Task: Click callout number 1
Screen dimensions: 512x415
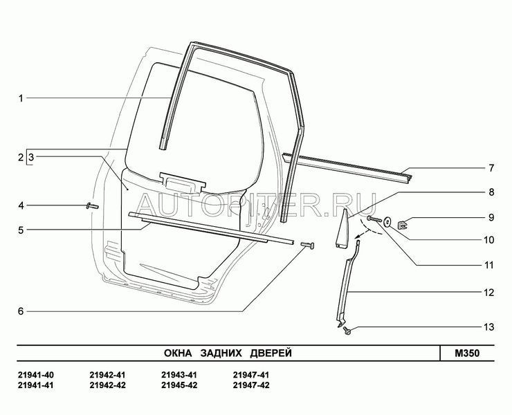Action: [x=21, y=98]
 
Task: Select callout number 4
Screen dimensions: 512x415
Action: [x=21, y=205]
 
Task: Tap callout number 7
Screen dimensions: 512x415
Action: [x=491, y=168]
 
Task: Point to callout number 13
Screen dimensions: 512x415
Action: [x=488, y=327]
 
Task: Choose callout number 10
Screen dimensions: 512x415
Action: [x=488, y=240]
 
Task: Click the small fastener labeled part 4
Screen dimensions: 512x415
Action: [x=92, y=206]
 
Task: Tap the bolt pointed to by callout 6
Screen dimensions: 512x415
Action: [x=308, y=245]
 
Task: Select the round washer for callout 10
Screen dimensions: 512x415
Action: [x=388, y=222]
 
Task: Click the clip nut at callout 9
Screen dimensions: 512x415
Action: [x=403, y=224]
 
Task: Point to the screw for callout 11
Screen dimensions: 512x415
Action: [x=374, y=219]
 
